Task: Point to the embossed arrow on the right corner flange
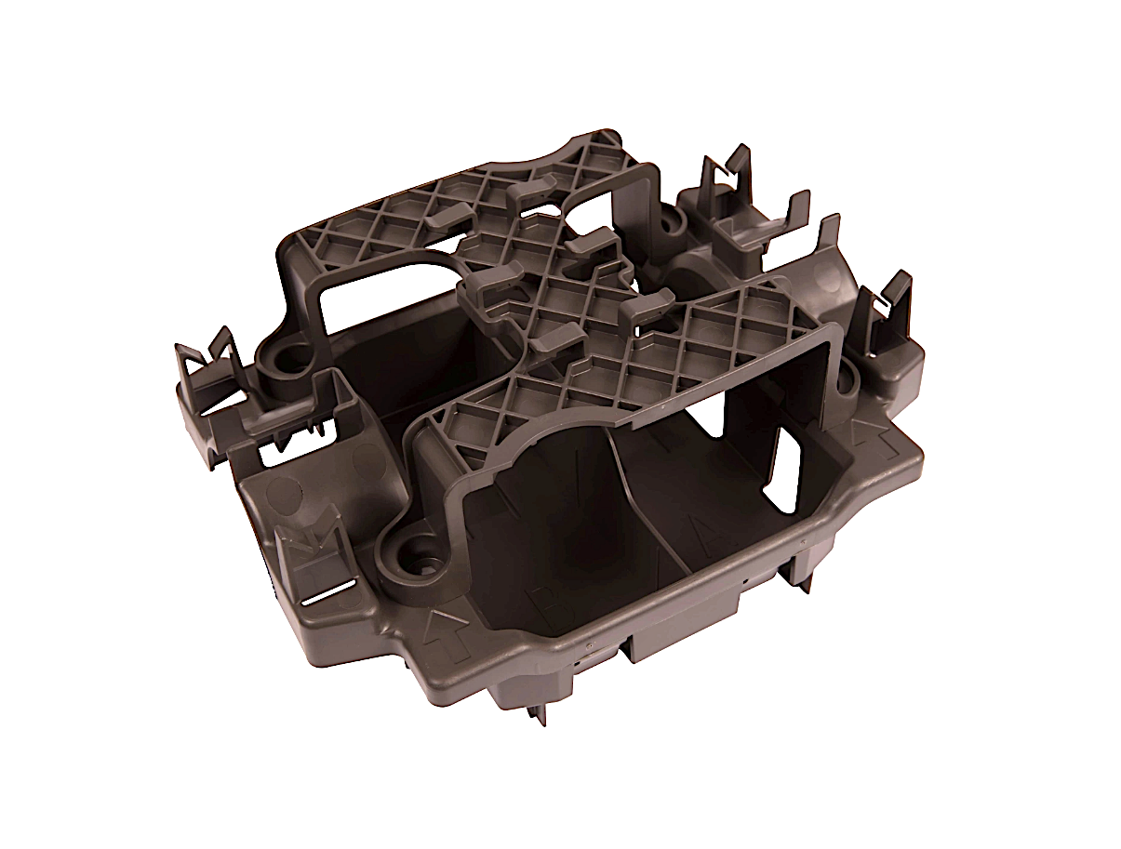coord(864,430)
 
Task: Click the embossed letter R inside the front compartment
coord(551,603)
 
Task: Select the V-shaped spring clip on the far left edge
coord(209,358)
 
